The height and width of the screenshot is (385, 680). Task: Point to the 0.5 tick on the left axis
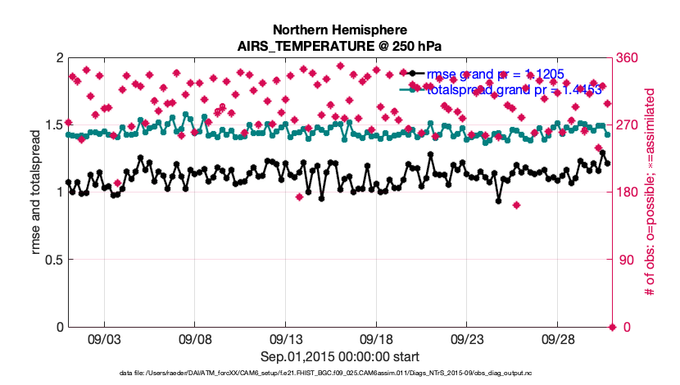click(x=54, y=260)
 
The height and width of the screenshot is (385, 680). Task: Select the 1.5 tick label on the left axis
click(x=54, y=125)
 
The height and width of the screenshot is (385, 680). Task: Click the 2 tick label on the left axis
click(x=59, y=58)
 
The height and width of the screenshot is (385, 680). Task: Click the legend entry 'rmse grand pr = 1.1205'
click(x=496, y=74)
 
